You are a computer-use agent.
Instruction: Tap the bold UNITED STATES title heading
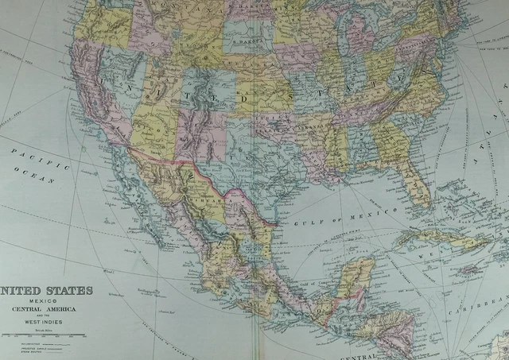point(47,291)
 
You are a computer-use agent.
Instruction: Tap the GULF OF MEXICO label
point(362,215)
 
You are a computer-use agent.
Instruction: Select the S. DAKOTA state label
point(246,35)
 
